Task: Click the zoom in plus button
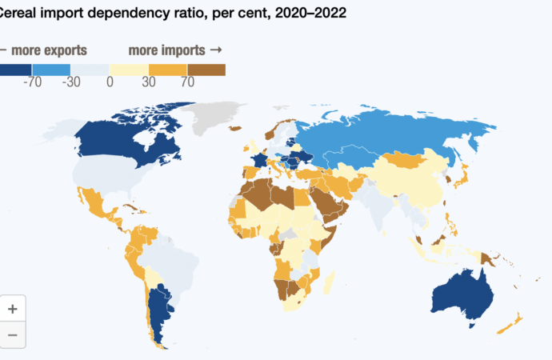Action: (13, 308)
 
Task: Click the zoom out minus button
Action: (13, 334)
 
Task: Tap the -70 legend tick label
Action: (33, 82)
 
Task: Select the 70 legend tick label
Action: (187, 82)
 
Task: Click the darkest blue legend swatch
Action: (15, 70)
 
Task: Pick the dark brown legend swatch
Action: (206, 70)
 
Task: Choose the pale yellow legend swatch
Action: (130, 70)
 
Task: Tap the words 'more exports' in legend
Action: (48, 50)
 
